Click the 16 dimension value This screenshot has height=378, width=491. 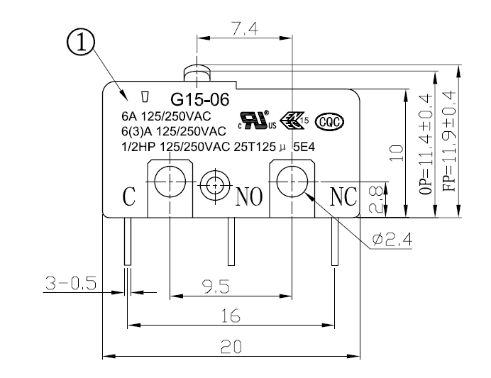click(228, 317)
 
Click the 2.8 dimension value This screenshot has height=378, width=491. click(378, 199)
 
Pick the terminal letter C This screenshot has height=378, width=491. click(130, 196)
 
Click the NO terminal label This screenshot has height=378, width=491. click(249, 196)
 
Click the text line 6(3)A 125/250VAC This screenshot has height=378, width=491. click(174, 131)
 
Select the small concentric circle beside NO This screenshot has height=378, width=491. click(214, 186)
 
